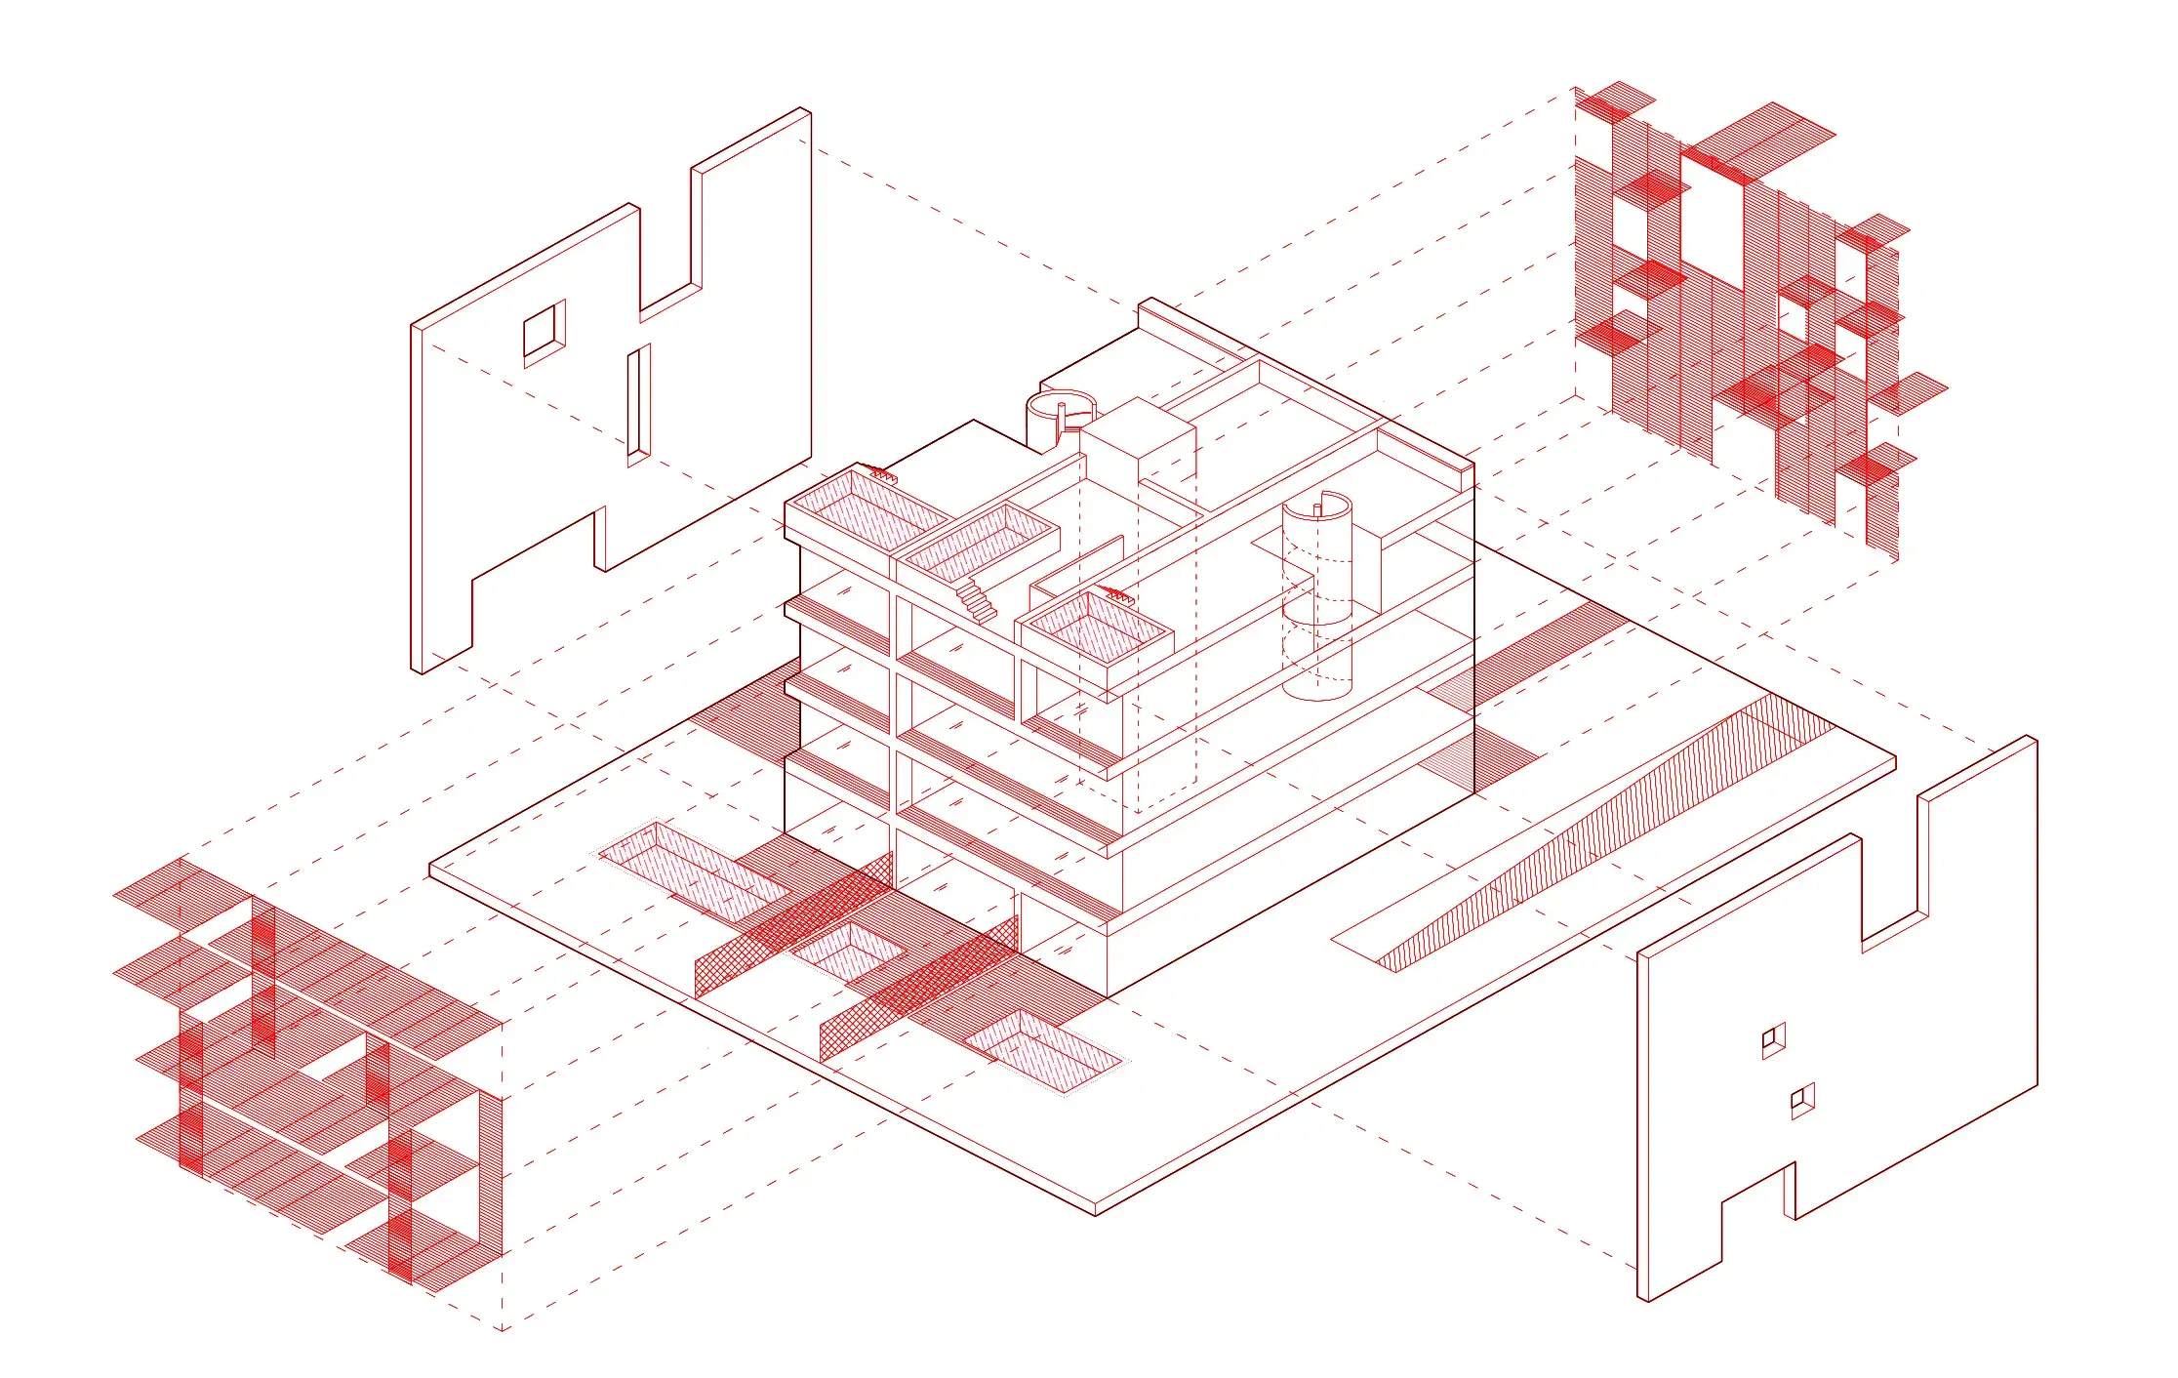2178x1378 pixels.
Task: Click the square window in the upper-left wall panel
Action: click(x=544, y=331)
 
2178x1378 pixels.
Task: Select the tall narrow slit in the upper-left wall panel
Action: click(x=638, y=402)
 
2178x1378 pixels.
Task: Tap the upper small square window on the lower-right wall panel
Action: click(x=1773, y=1041)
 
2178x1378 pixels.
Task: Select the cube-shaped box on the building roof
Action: click(x=1138, y=444)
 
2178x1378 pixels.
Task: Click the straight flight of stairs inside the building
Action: click(x=977, y=599)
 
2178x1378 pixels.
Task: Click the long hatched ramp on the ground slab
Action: click(x=1600, y=839)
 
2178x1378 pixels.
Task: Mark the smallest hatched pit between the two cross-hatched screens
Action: click(x=847, y=950)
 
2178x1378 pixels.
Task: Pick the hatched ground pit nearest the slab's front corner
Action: click(x=1042, y=1053)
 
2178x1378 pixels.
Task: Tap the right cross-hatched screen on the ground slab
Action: click(x=917, y=995)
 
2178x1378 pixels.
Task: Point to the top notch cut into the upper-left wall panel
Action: click(x=669, y=244)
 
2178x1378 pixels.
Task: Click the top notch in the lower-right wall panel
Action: click(x=1891, y=878)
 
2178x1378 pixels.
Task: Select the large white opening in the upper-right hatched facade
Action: click(x=1712, y=210)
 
